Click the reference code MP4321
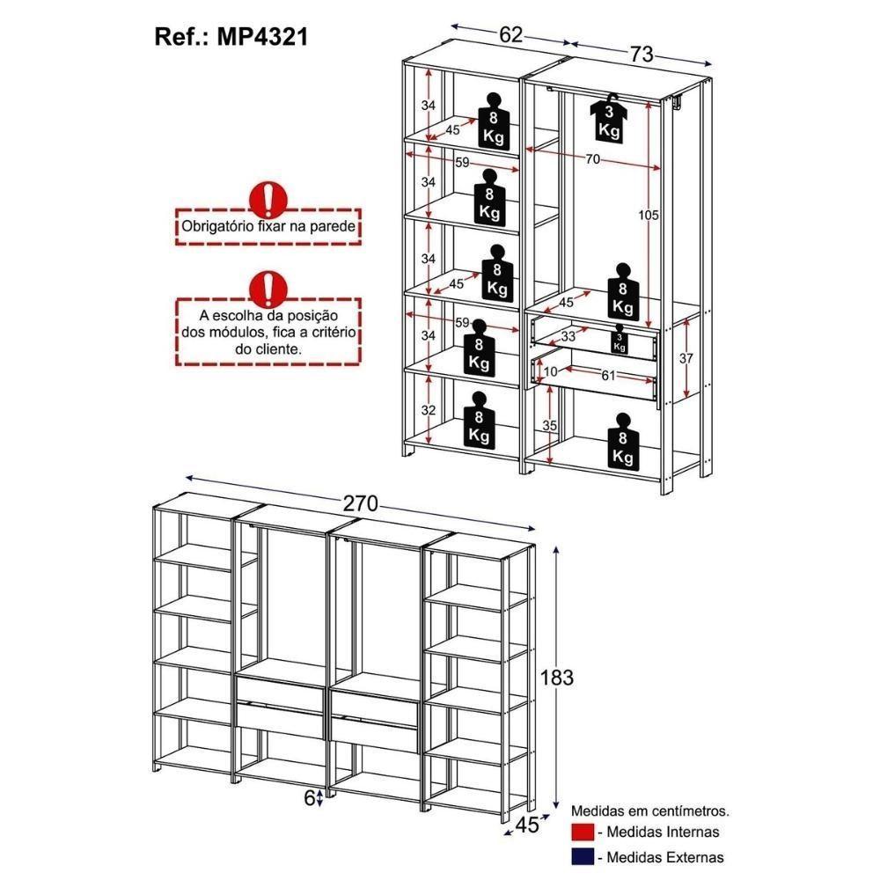[x=231, y=38]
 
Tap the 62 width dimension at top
[x=511, y=34]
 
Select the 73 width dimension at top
[x=641, y=55]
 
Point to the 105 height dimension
[x=649, y=216]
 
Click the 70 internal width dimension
[x=592, y=158]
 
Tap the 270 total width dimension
[x=361, y=503]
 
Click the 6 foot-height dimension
[x=309, y=797]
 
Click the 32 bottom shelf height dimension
[x=429, y=410]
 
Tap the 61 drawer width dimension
[x=607, y=376]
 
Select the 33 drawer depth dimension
[x=569, y=335]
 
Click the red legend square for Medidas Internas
[x=582, y=832]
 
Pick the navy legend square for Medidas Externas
[x=582, y=856]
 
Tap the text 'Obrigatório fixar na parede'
[x=268, y=226]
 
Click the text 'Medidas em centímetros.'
[x=650, y=810]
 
